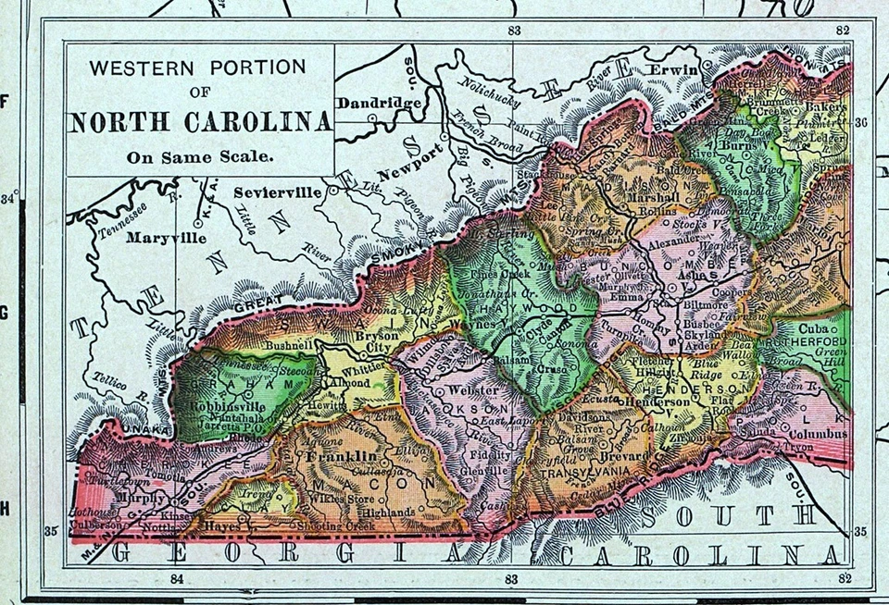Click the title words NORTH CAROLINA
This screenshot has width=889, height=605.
click(x=200, y=123)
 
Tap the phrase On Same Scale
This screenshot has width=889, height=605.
click(x=200, y=156)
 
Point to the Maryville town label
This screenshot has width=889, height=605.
click(x=166, y=238)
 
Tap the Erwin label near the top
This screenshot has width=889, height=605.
click(x=670, y=69)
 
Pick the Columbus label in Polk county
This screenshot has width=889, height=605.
click(x=819, y=432)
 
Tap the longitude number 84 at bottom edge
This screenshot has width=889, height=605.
click(x=179, y=579)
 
